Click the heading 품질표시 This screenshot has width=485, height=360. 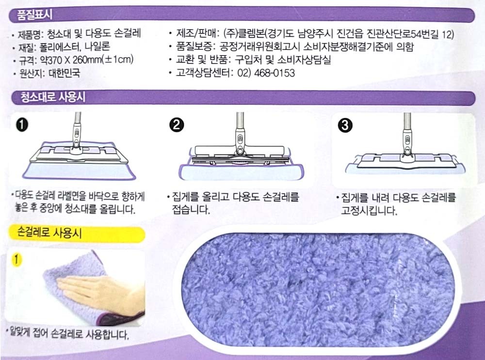tap(34, 15)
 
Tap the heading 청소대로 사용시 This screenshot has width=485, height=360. tap(53, 97)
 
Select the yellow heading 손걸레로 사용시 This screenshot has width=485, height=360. tap(49, 232)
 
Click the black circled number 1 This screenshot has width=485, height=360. tap(22, 125)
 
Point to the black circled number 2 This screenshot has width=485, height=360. tap(177, 125)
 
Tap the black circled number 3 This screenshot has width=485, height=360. tap(345, 125)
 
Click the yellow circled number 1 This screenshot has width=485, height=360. tap(16, 259)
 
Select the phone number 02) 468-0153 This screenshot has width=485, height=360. tap(266, 73)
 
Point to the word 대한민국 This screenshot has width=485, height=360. tap(65, 73)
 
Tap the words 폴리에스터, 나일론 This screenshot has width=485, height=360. tap(75, 47)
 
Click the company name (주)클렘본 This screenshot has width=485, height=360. tap(244, 33)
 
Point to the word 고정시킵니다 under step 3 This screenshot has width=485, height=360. tap(369, 211)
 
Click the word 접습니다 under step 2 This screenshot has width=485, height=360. tap(191, 210)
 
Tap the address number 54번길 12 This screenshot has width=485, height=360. tap(433, 34)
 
